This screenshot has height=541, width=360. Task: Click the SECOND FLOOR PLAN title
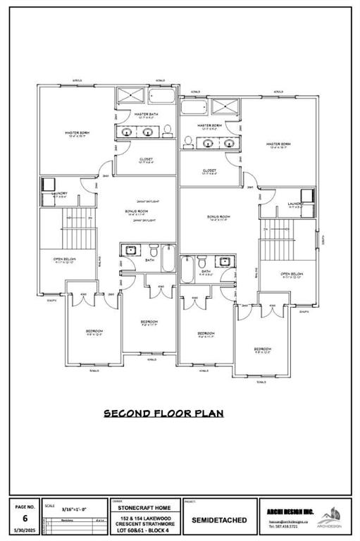coord(163,413)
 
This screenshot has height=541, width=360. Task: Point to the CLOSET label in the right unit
coord(209,170)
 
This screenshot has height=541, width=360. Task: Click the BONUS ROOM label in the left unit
coord(137,211)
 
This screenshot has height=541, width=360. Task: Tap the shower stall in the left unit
coord(130,97)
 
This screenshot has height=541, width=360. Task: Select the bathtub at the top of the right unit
coord(191,107)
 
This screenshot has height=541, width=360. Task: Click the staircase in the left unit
coord(69,232)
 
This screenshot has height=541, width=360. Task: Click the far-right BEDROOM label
coord(263,349)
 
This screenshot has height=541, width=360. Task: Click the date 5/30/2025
coord(25,530)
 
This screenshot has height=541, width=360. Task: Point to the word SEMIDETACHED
coord(220,520)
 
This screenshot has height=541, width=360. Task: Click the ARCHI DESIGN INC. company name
coord(290,511)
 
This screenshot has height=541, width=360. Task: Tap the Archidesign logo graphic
coord(332,515)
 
